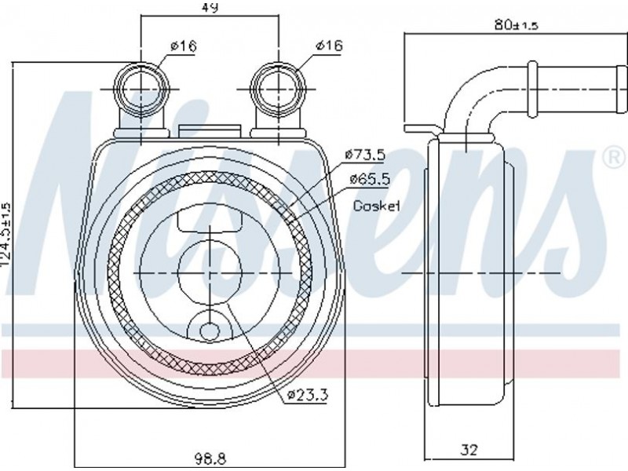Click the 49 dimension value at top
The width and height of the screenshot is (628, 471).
(x=210, y=7)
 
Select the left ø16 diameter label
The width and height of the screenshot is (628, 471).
(x=184, y=46)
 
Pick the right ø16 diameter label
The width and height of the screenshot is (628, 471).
(x=329, y=46)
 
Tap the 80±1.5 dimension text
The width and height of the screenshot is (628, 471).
(x=517, y=26)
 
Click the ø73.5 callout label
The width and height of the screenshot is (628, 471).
(x=365, y=155)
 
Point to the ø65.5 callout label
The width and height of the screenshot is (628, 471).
(x=369, y=179)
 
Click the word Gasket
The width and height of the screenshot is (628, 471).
(x=377, y=206)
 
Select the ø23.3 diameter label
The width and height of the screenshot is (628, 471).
(x=308, y=396)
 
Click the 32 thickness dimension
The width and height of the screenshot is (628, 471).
(x=469, y=450)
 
